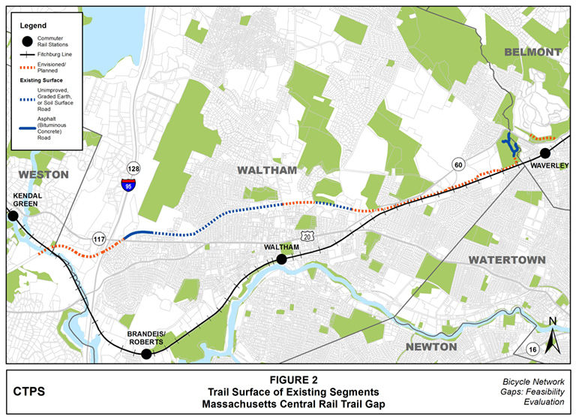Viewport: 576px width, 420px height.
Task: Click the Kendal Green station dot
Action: coord(13,216)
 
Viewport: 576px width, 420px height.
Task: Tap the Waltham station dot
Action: coord(281,259)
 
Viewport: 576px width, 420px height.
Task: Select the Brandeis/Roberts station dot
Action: coord(147,354)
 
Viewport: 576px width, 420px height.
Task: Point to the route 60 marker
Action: coord(457,165)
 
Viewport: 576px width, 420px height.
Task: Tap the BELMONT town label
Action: coord(532,52)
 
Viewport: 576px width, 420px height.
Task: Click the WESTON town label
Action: coord(37,174)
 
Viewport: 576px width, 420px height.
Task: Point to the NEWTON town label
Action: coord(431,346)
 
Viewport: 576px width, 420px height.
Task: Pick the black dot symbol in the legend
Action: coord(28,42)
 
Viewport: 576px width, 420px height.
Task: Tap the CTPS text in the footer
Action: coord(29,391)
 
